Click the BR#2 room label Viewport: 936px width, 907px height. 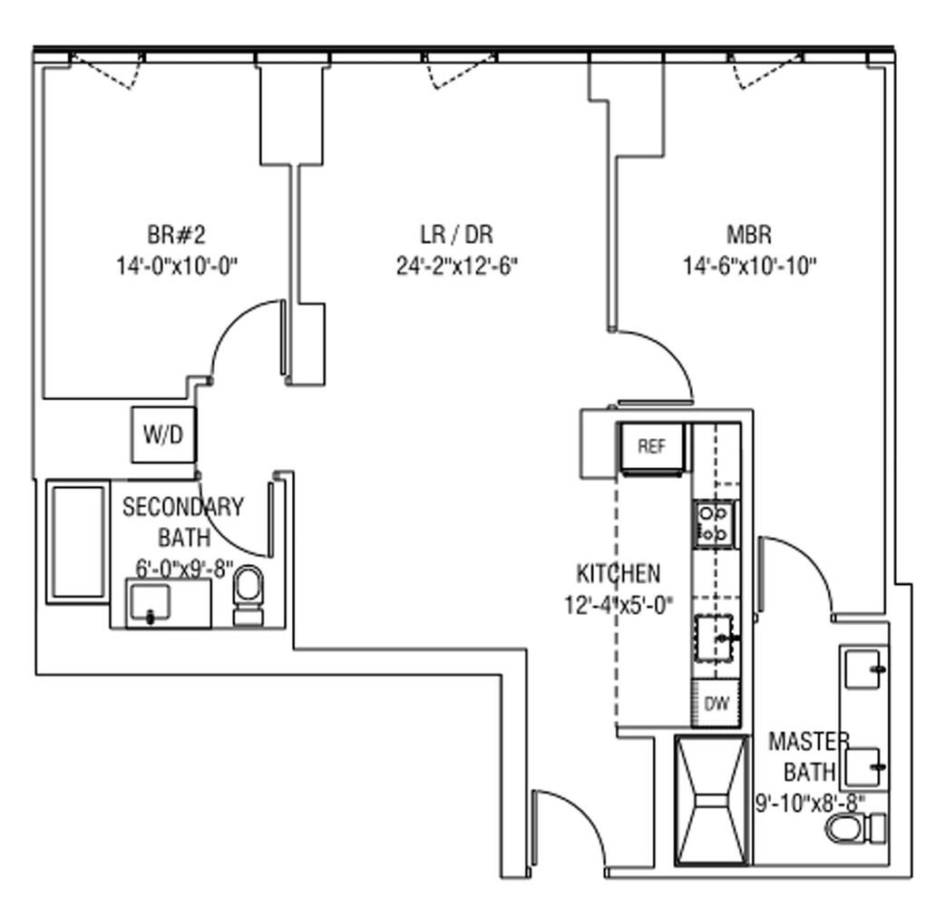[176, 235]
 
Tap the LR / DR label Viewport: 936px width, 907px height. [456, 235]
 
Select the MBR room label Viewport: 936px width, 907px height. [749, 235]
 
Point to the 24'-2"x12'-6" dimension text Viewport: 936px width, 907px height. [456, 266]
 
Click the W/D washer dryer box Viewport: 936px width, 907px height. [163, 435]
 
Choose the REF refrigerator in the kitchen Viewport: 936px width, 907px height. [651, 447]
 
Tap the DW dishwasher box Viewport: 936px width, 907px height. [717, 704]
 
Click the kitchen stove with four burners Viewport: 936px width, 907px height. [714, 524]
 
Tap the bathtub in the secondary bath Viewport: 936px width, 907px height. [77, 542]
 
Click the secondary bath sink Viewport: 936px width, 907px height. [150, 604]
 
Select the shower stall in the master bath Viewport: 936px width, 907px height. [713, 800]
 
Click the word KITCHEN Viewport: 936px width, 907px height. [619, 573]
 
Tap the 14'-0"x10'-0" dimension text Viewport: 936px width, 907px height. [177, 266]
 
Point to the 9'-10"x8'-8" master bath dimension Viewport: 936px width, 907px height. [811, 803]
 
